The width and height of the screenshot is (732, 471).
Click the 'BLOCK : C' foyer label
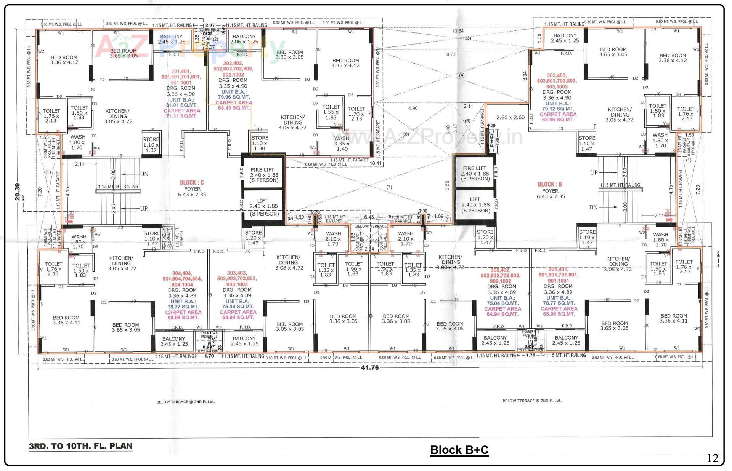(x=192, y=183)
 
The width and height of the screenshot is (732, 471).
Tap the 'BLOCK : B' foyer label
(x=550, y=184)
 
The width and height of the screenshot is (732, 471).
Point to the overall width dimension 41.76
(x=369, y=367)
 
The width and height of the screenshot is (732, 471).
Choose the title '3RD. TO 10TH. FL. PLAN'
(x=80, y=446)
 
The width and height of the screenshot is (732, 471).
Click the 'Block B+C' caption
(x=459, y=450)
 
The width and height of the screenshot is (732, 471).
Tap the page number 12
(x=712, y=458)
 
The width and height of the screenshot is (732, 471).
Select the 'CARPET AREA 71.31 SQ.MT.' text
(x=182, y=113)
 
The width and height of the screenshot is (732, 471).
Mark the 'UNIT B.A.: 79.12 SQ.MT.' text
(x=558, y=106)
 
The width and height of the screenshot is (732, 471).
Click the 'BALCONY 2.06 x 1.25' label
(x=244, y=39)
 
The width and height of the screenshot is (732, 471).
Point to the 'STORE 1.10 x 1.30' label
(x=260, y=143)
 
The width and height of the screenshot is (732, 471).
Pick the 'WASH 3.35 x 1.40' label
(x=341, y=144)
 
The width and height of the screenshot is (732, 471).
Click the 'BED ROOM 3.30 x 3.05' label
(x=289, y=55)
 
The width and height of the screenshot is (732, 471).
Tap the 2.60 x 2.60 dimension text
(x=510, y=117)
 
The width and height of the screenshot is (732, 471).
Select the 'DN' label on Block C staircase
(x=144, y=174)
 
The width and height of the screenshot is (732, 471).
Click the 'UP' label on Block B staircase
(x=594, y=172)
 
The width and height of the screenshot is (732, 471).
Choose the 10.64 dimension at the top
(x=458, y=31)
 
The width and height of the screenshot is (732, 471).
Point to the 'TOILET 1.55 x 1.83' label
(x=331, y=112)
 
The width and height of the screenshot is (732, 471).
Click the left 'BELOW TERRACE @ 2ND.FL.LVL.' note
(x=185, y=402)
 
